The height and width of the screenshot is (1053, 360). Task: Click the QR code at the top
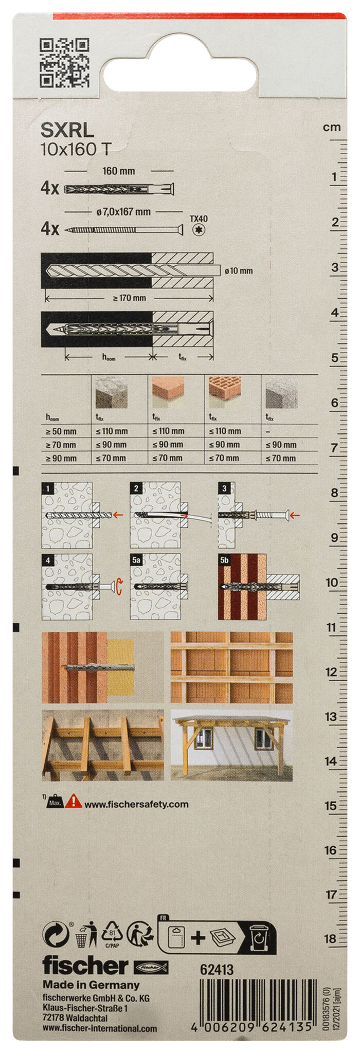tap(64, 62)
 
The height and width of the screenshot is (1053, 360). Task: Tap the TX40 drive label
tap(199, 219)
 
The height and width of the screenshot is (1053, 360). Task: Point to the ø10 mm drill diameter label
tap(239, 271)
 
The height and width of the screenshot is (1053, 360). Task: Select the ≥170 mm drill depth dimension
tap(130, 298)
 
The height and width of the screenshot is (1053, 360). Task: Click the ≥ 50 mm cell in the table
tap(61, 431)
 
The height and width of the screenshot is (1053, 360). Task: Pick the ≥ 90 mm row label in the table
tap(61, 458)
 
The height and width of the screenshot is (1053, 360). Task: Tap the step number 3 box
tap(224, 488)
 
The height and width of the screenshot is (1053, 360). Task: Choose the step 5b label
tap(225, 560)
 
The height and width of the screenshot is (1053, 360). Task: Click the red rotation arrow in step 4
tap(120, 586)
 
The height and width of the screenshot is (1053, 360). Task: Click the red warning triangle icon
tap(74, 801)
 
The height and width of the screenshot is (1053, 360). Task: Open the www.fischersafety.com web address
tap(136, 804)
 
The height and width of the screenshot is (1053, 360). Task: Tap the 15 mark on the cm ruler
tap(331, 806)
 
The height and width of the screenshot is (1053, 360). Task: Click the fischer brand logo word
tap(85, 966)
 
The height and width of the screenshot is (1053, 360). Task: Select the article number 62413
tap(217, 970)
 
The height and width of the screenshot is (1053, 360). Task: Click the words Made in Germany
tap(91, 985)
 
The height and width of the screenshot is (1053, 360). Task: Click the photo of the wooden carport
tap(231, 746)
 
